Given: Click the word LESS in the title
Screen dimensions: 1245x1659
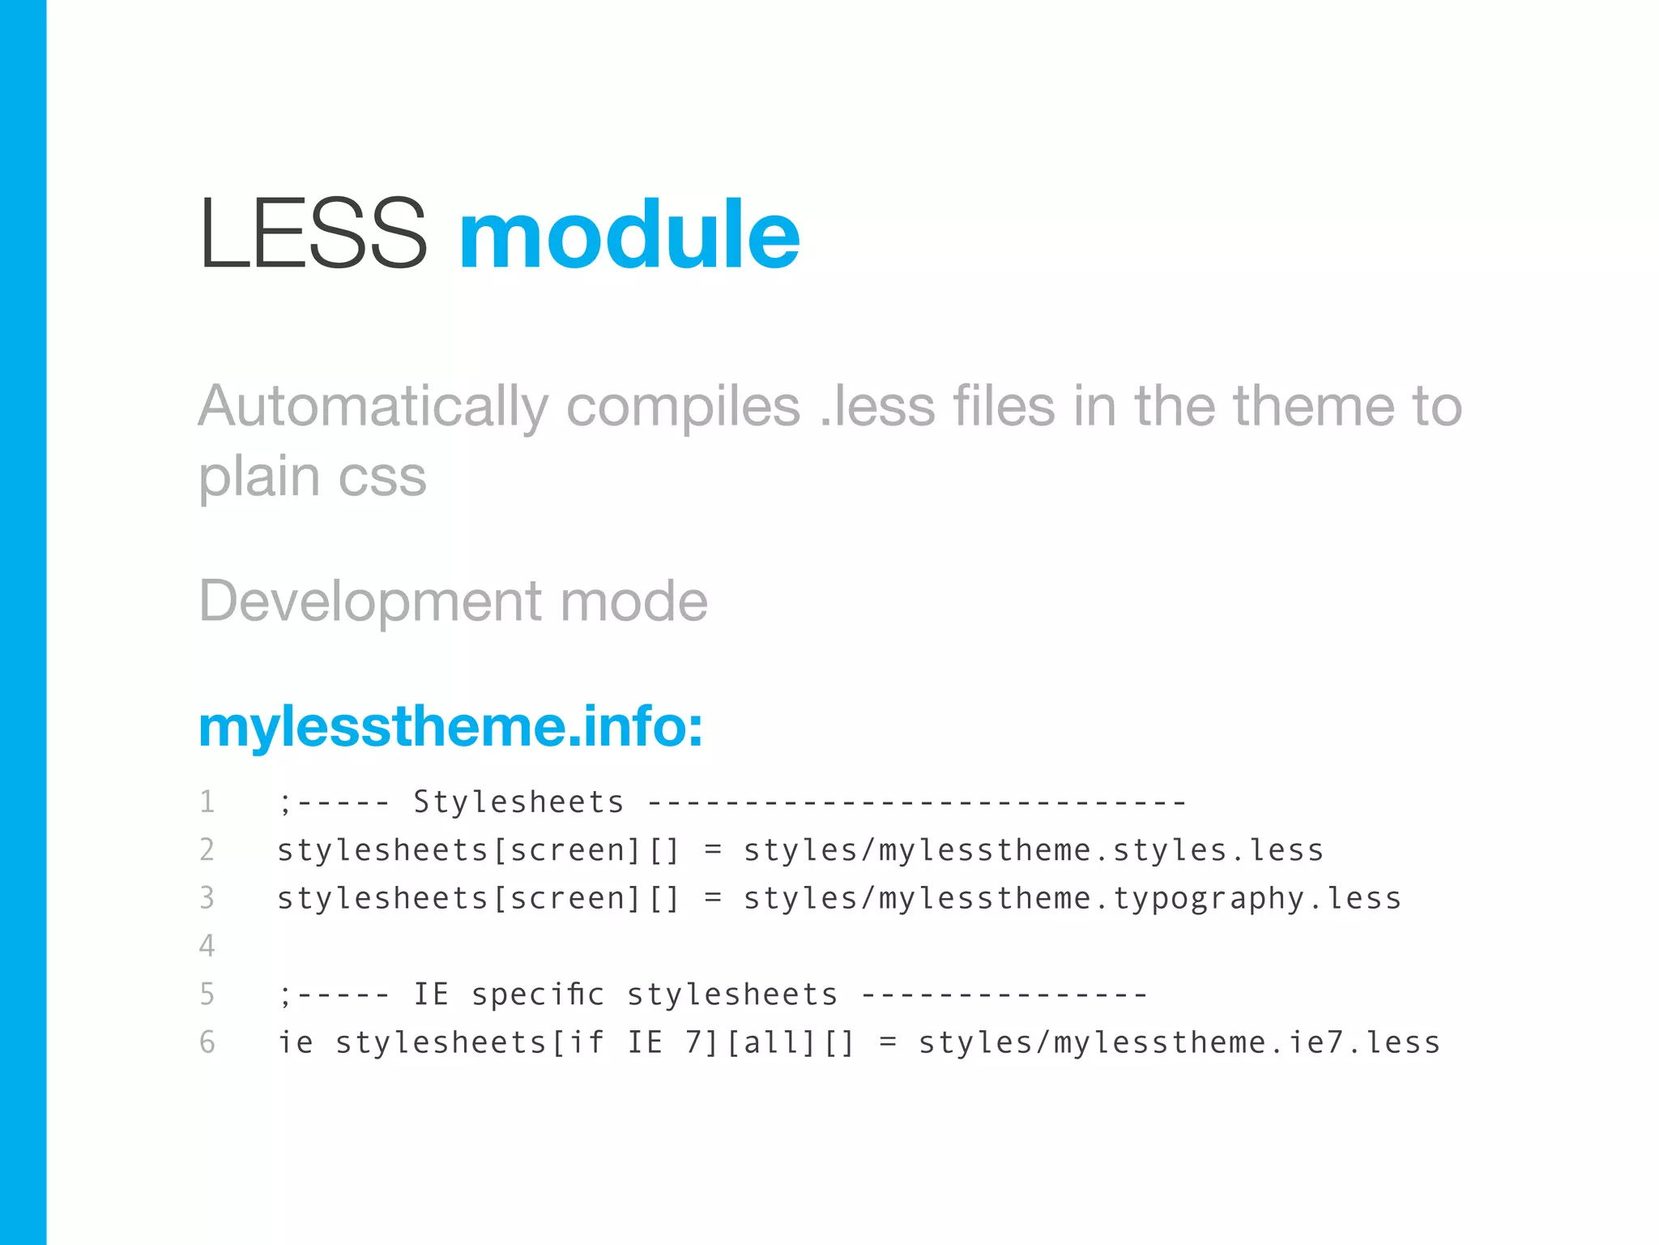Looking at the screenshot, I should pyautogui.click(x=313, y=234).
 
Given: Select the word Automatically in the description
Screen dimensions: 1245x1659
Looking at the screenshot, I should pyautogui.click(x=373, y=407).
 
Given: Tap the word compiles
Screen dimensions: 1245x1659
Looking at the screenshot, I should pyautogui.click(x=683, y=407).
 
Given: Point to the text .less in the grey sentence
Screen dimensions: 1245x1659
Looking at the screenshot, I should pyautogui.click(x=877, y=407).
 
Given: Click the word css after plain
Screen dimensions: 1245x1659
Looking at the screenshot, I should pyautogui.click(x=382, y=477).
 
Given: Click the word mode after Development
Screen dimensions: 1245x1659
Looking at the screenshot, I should pyautogui.click(x=633, y=602).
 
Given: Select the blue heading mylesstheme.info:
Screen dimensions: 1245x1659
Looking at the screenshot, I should pyautogui.click(x=450, y=726).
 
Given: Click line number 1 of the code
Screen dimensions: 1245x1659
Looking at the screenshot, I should pyautogui.click(x=207, y=802).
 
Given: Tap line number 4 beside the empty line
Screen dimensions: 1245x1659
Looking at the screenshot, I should pyautogui.click(x=207, y=946).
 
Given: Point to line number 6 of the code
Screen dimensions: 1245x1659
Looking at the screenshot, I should pyautogui.click(x=207, y=1042).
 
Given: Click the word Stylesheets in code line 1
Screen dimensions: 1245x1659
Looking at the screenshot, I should pyautogui.click(x=518, y=802).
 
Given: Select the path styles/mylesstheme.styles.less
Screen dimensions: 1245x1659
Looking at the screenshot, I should pyautogui.click(x=1033, y=850).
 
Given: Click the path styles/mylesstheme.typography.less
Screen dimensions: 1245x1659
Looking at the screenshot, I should pyautogui.click(x=1072, y=898).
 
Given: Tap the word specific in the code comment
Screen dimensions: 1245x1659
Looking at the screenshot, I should pyautogui.click(x=538, y=995).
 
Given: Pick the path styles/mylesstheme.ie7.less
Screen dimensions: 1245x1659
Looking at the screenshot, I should pyautogui.click(x=1179, y=1042).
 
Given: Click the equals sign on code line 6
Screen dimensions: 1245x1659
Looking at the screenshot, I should pyautogui.click(x=888, y=1042).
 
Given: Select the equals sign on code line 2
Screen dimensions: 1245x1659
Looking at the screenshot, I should pyautogui.click(x=713, y=850).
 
